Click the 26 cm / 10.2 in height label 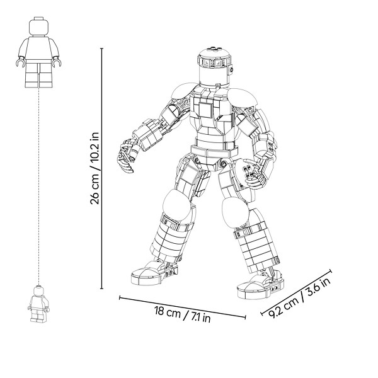pos(94,168)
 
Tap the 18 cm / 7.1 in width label pos(182,314)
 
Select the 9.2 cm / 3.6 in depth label pos(299,298)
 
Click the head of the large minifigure pos(39,26)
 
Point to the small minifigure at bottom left pos(38,304)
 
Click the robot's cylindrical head pos(214,67)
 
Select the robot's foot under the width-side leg pos(154,273)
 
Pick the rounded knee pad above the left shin pos(177,205)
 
